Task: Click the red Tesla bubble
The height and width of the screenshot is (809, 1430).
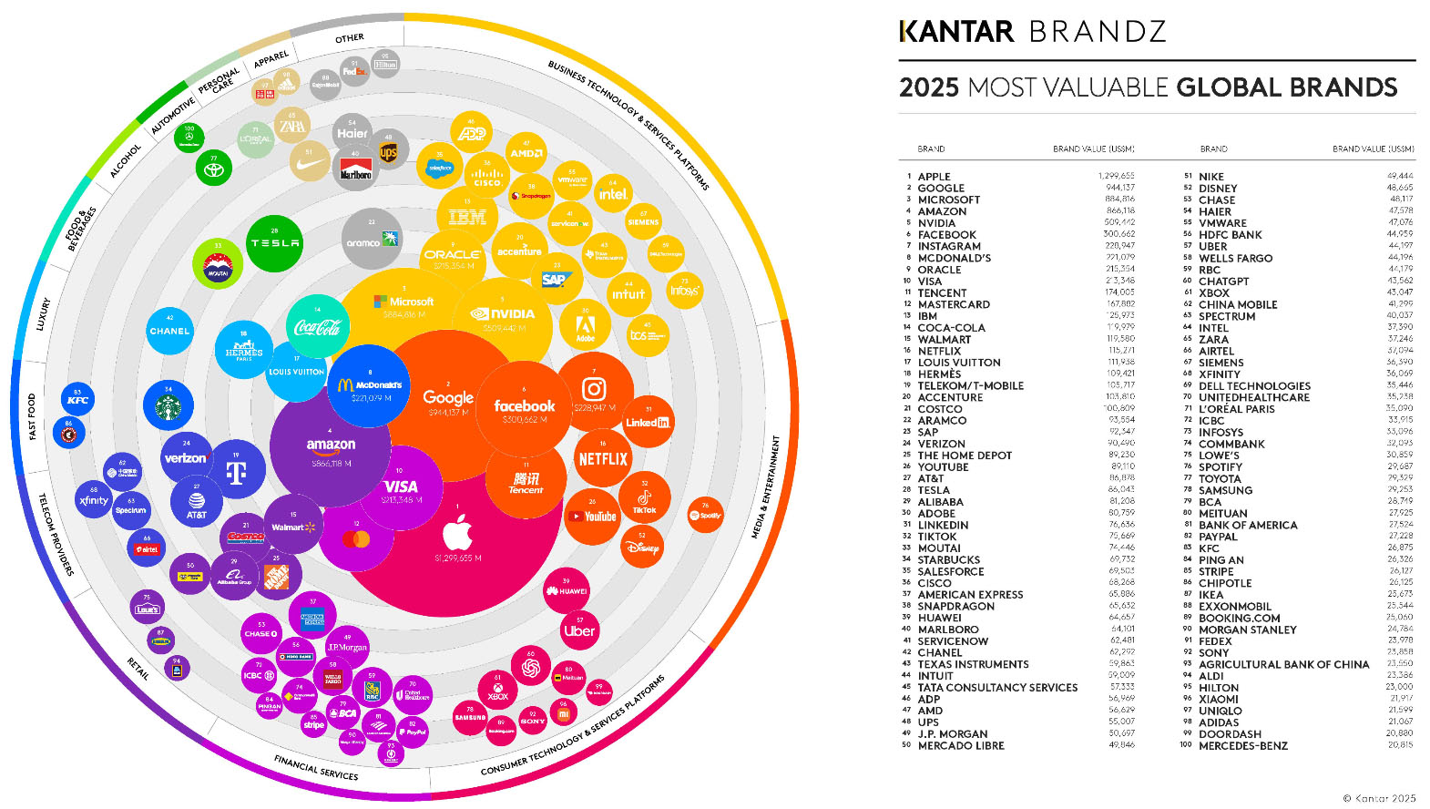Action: (x=274, y=243)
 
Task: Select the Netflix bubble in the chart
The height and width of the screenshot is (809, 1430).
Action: (x=603, y=459)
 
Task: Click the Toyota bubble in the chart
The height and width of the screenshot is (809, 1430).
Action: (x=214, y=169)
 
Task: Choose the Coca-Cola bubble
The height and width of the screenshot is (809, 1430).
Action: (x=317, y=327)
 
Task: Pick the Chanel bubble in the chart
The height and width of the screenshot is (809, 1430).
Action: (x=169, y=332)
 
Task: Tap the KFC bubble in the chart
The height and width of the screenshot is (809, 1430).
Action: (x=77, y=400)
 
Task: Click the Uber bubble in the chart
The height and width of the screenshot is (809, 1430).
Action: (x=579, y=630)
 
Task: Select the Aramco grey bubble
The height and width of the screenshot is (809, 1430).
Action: (x=372, y=239)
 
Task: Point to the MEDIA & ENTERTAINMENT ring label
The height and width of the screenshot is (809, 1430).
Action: (x=764, y=487)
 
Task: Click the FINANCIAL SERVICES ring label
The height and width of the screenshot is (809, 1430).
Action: (x=316, y=768)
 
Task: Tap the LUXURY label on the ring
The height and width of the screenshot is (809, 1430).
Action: (x=43, y=314)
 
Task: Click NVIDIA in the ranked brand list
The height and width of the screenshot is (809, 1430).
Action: (x=936, y=223)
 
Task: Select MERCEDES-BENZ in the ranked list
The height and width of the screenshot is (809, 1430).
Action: (x=1242, y=746)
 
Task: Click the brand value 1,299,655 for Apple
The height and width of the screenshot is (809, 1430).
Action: (x=1116, y=176)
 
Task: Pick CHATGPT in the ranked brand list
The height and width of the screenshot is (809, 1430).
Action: (x=1223, y=282)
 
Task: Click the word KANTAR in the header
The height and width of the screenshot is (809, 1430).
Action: (x=956, y=32)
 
